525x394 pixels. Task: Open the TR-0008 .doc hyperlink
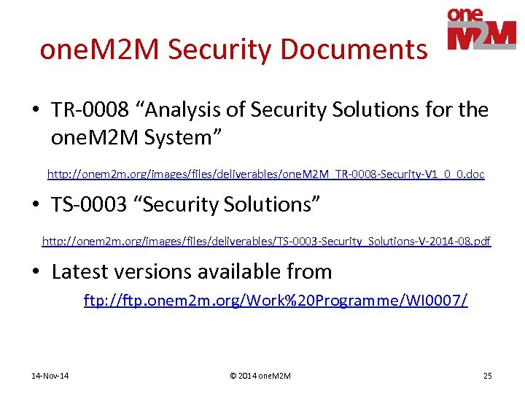click(x=265, y=175)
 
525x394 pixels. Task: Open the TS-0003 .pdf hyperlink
click(x=266, y=241)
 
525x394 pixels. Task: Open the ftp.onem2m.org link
click(x=276, y=300)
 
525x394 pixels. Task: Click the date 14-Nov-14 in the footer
click(x=50, y=376)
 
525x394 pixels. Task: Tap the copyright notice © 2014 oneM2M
click(x=260, y=376)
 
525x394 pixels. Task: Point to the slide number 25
click(x=487, y=376)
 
